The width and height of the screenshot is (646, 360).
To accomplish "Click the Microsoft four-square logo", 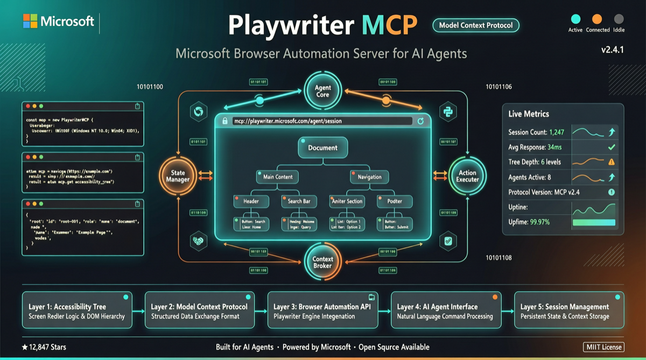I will coord(30,21).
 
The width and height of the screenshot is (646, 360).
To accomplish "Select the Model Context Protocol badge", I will coord(476,25).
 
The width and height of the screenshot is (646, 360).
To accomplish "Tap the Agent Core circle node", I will coord(322,91).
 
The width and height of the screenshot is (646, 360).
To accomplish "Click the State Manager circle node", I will coord(178,176).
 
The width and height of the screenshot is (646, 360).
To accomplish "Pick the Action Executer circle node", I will coord(467,176).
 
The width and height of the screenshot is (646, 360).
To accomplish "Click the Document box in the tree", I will coord(322,147).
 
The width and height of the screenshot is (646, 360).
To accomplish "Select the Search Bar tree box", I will coord(299,201).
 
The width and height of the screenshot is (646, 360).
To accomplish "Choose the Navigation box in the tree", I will coord(369,177).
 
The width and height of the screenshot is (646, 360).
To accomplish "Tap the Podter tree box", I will coord(395,201).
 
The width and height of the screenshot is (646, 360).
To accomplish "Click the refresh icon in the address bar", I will coord(421,121).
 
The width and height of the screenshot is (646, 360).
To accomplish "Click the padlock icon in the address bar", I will coord(225,121).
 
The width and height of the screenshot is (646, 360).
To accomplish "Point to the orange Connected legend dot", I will coord(597,19).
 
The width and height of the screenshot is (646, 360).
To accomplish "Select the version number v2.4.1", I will coord(613,50).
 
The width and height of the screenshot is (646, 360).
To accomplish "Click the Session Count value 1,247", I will coord(557,132).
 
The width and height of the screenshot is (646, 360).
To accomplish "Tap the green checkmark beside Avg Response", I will coord(612,147).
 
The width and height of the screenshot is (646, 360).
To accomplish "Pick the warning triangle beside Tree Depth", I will coord(612,162).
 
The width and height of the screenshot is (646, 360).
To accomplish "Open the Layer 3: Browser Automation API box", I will coord(322,310).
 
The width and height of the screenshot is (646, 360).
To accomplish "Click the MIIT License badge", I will coord(603,347).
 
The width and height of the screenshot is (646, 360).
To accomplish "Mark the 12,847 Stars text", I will coord(44,347).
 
